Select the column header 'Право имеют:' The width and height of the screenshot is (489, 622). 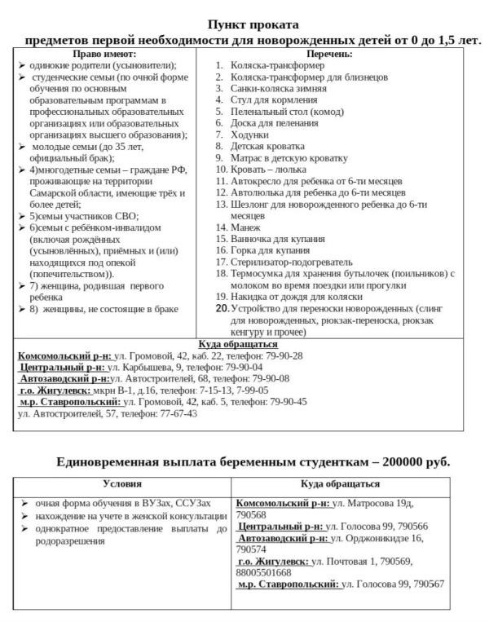(x=106, y=53)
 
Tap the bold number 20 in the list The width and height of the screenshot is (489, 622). (x=222, y=309)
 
